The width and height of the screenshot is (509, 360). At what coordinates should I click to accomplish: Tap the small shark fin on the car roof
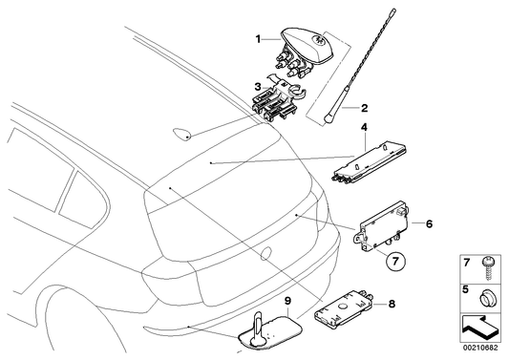[x=181, y=132]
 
